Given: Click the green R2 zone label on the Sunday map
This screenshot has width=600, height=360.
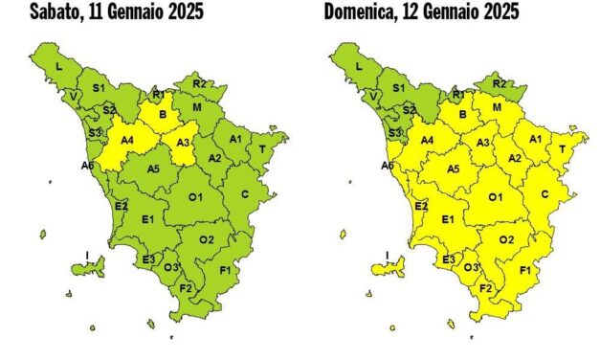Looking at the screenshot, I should tap(499, 84).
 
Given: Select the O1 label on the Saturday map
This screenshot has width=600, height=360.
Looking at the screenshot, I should tap(195, 197).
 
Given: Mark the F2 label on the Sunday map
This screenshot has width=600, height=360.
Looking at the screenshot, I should tap(485, 287).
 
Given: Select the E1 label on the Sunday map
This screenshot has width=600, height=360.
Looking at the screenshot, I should tap(447, 220).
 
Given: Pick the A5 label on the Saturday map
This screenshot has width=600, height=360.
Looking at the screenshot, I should tap(153, 169).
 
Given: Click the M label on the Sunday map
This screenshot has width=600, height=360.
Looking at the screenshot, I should tap(498, 108).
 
